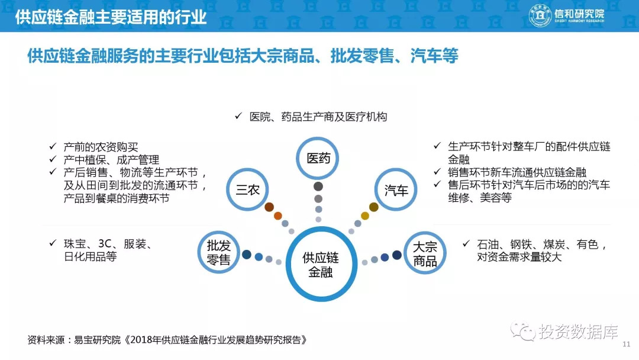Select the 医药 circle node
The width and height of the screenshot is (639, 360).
[x=318, y=138]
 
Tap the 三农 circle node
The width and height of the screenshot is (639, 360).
[x=247, y=169]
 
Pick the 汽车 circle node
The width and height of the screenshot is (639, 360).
[x=396, y=169]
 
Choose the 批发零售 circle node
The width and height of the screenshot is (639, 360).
[x=219, y=232]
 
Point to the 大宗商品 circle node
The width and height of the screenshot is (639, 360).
[x=425, y=232]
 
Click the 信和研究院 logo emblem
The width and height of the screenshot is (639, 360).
[x=540, y=15]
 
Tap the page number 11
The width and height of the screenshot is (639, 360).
[x=627, y=345]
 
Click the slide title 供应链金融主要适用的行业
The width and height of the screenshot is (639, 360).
[x=111, y=17]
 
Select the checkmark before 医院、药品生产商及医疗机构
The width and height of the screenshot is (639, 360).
[x=238, y=116]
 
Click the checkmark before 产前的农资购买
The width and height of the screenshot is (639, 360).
[x=53, y=146]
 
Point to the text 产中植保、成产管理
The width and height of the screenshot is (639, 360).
[x=111, y=160]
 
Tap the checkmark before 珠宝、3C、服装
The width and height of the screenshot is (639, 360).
[x=53, y=243]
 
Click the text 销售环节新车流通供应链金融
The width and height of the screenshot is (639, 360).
[x=517, y=172]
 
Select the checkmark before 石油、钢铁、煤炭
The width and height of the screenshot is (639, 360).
[x=466, y=243]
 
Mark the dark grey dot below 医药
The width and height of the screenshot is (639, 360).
[x=318, y=187]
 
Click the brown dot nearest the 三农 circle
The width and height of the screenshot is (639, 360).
[x=269, y=207]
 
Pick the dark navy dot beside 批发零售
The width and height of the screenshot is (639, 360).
[x=247, y=255]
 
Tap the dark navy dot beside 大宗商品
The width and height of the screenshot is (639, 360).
[x=397, y=255]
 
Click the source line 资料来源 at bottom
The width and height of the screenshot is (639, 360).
[x=167, y=340]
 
